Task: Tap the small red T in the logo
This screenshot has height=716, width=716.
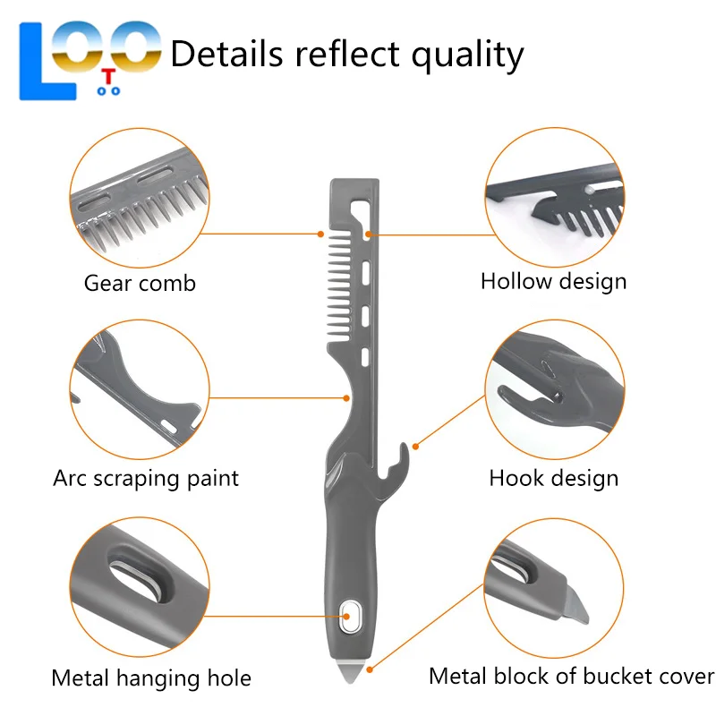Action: click(108, 77)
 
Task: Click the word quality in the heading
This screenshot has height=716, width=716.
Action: click(467, 55)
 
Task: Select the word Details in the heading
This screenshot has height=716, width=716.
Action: click(227, 54)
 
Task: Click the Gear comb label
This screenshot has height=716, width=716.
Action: click(140, 283)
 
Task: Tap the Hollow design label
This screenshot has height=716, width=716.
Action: click(553, 281)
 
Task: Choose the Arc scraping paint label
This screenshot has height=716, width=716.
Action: click(146, 479)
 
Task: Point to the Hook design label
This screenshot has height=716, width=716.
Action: click(554, 478)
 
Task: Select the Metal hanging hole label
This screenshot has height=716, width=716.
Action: click(151, 678)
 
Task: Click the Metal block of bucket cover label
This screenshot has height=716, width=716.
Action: click(572, 676)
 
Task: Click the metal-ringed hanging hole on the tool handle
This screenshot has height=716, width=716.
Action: click(350, 617)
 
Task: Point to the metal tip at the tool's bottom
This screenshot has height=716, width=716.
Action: click(350, 670)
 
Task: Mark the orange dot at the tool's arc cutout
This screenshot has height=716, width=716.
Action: click(346, 398)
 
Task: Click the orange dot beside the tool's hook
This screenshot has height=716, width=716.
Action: click(415, 446)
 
